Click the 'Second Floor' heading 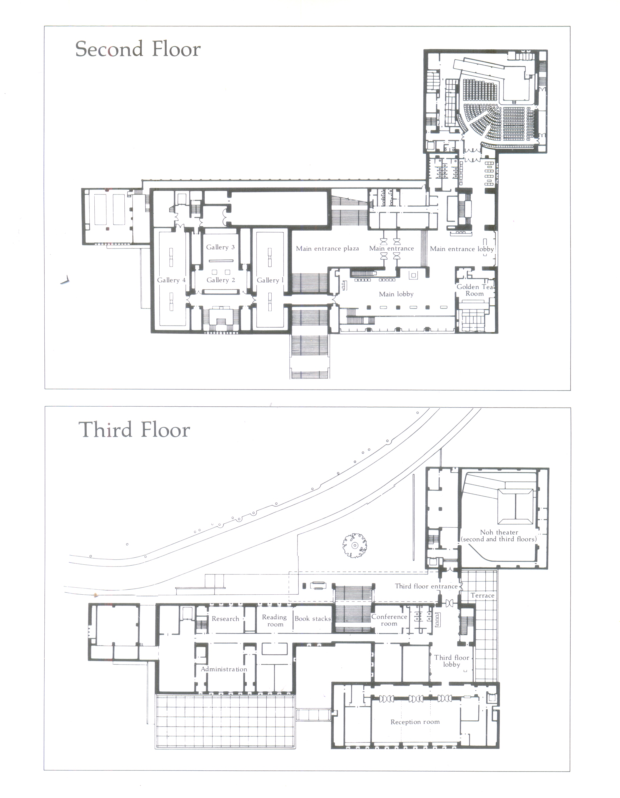[x=138, y=49]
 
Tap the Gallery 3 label [x=220, y=247]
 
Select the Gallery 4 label [x=171, y=280]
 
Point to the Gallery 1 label [x=270, y=280]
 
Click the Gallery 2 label [x=221, y=280]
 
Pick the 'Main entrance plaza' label [x=327, y=249]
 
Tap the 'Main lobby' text [x=396, y=294]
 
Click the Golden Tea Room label [x=475, y=290]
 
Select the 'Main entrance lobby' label [x=462, y=249]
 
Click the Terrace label [x=482, y=596]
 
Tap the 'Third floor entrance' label [x=426, y=586]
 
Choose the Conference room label [x=389, y=620]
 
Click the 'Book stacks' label [x=312, y=618]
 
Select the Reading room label [x=275, y=621]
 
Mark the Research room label [x=225, y=618]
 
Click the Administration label [x=224, y=669]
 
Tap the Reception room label [x=415, y=722]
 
